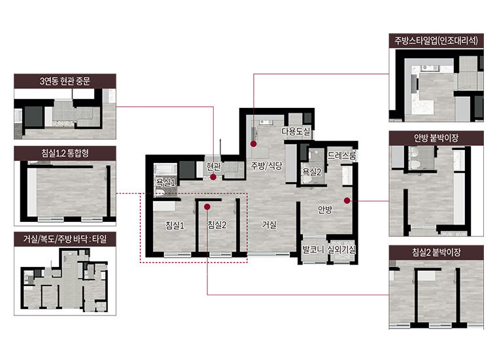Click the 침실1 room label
pyautogui.click(x=175, y=225)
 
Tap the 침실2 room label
pyautogui.click(x=217, y=225)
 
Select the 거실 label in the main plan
pyautogui.click(x=269, y=225)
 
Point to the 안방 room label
pyautogui.click(x=325, y=209)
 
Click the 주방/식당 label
pyautogui.click(x=267, y=165)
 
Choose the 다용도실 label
pyautogui.click(x=296, y=132)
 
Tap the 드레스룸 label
pyautogui.click(x=341, y=155)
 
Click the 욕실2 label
pyautogui.click(x=312, y=171)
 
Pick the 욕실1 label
pyautogui.click(x=165, y=182)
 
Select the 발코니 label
pyautogui.click(x=313, y=249)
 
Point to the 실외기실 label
pyautogui.click(x=341, y=249)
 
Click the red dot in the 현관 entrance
pyautogui.click(x=213, y=177)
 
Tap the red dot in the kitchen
pyautogui.click(x=254, y=144)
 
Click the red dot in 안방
pyautogui.click(x=347, y=200)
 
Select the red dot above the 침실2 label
pyautogui.click(x=207, y=207)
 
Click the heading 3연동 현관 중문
pyautogui.click(x=65, y=81)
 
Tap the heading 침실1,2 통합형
pyautogui.click(x=65, y=153)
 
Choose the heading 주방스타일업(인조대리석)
pyautogui.click(x=436, y=41)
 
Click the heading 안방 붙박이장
pyautogui.click(x=436, y=138)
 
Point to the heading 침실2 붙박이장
pyautogui.click(x=436, y=253)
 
